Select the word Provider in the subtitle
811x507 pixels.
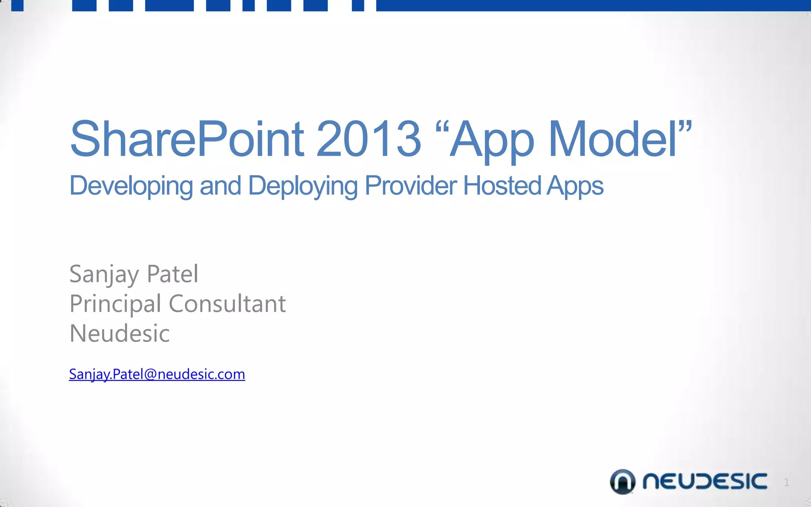click(411, 185)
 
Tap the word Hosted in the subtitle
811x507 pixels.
click(502, 185)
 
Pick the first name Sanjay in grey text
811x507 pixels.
click(104, 274)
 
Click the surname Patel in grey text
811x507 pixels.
click(172, 274)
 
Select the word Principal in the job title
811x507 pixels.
click(115, 304)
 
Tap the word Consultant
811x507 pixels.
click(227, 304)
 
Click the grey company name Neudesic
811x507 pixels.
click(120, 333)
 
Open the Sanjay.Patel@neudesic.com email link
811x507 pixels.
click(157, 374)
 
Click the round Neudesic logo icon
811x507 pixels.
click(622, 482)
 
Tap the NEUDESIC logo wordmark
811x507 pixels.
click(704, 482)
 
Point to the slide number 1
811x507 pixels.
click(786, 482)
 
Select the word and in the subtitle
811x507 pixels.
click(220, 185)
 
